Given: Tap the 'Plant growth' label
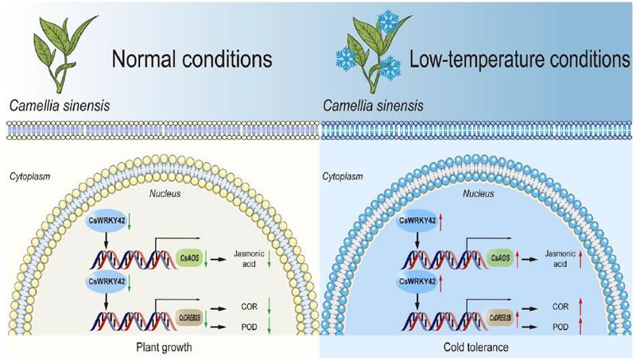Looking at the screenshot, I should [160, 347].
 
